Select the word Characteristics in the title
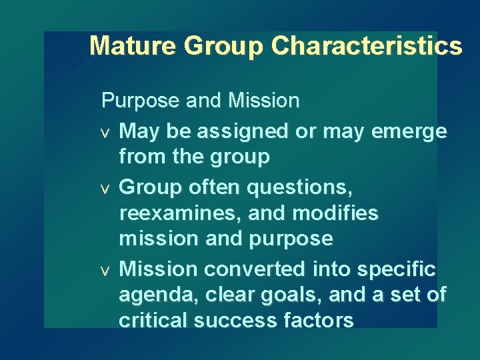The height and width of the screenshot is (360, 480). point(367,46)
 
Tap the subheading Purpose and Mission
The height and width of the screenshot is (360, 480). point(200,101)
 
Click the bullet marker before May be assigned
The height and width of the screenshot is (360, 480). point(105,132)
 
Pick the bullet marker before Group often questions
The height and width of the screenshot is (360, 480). point(105,189)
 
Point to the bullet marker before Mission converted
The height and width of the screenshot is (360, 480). point(105,271)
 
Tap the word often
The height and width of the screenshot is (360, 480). point(210,189)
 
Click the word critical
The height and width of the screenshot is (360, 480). point(153,320)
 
